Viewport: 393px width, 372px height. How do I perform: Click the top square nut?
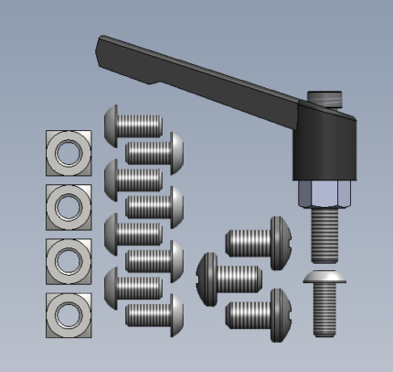(x=69, y=152)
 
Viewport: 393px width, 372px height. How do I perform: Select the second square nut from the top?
(x=69, y=206)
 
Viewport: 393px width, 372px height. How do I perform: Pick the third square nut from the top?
(x=69, y=260)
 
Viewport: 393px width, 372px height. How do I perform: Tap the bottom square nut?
(x=69, y=314)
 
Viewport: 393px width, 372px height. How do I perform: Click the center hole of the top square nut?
(x=69, y=152)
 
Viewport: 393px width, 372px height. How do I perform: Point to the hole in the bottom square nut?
(x=69, y=314)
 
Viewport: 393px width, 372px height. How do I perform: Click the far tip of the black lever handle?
(x=104, y=42)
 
